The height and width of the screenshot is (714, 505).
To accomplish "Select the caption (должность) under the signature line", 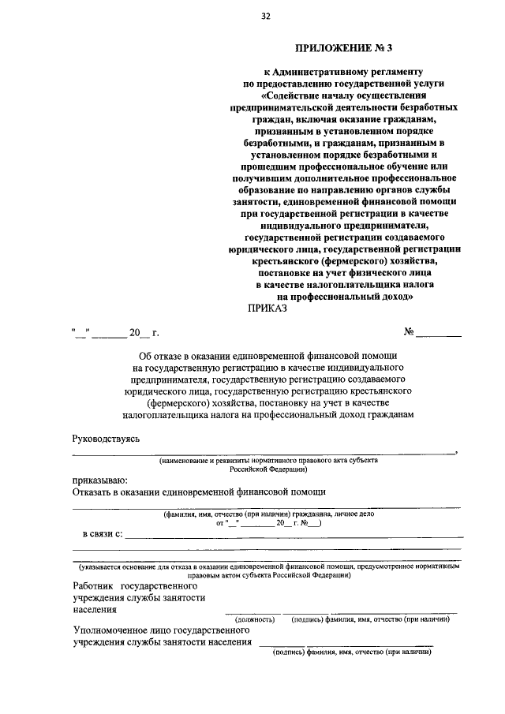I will coord(254,619).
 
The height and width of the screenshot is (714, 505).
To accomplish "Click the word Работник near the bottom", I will coord(92,586).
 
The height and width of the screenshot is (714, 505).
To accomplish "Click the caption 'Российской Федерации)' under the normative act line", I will coord(269,468).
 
